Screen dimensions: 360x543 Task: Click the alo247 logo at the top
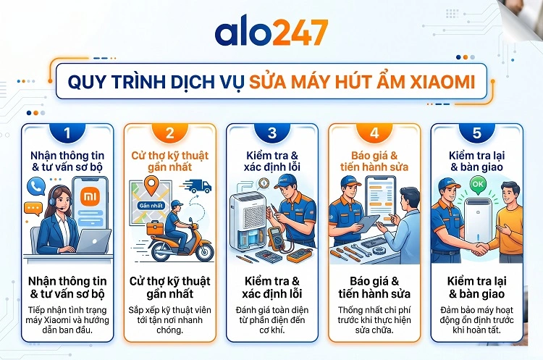coord(271,33)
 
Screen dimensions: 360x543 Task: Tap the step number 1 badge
coord(67,133)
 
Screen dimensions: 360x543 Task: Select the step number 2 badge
coord(169,133)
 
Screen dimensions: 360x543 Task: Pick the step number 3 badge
coord(272,133)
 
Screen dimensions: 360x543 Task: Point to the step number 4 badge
coord(374,133)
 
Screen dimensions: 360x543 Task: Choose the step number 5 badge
coord(476,133)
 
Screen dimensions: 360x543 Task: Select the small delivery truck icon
coord(199,186)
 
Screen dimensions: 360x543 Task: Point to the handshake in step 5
coord(479,246)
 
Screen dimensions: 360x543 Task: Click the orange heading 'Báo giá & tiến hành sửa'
coord(374,159)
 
